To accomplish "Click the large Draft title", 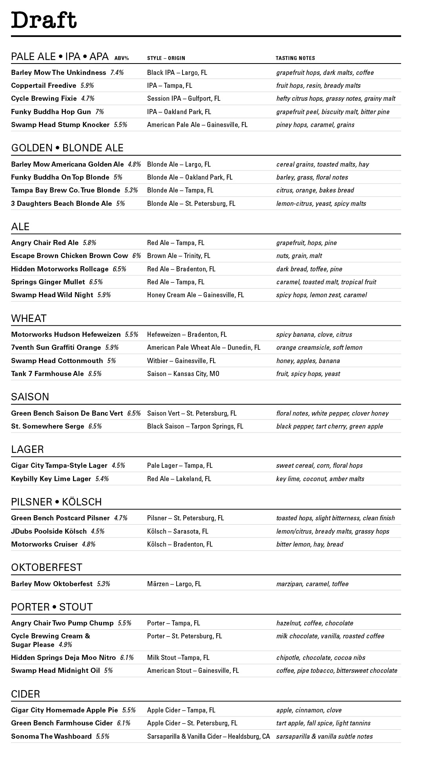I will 44,20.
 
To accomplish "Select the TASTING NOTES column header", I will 295,58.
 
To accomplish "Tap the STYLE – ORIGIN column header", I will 166,58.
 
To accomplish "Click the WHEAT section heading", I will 29,318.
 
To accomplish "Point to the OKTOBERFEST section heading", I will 47,567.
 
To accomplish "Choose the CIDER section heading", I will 26,694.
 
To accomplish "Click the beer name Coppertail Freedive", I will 44,85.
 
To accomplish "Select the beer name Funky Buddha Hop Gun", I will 51,112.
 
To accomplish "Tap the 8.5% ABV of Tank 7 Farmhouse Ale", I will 95,374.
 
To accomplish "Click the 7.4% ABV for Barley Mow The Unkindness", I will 117,73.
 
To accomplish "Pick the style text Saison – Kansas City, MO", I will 183,374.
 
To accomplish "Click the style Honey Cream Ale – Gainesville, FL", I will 195,295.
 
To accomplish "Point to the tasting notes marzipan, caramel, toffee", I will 312,584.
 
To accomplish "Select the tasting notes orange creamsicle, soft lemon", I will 319,347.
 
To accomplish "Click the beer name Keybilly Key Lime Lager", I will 51,479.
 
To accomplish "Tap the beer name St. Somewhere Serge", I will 47,426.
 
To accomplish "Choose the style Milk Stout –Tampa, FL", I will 178,658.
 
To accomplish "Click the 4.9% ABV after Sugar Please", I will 66,645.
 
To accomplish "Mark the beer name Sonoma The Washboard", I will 51,736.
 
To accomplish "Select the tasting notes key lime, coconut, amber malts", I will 320,479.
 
